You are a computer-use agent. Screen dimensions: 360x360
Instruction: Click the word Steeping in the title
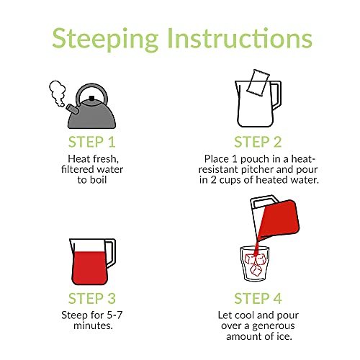point(105,39)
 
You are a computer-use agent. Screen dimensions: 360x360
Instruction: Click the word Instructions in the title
point(240,37)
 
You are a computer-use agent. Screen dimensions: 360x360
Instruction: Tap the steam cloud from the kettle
point(58,93)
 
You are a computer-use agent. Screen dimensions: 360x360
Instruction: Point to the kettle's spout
point(72,109)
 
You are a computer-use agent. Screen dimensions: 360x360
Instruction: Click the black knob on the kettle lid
point(91,98)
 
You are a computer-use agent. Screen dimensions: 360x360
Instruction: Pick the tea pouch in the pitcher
point(258,83)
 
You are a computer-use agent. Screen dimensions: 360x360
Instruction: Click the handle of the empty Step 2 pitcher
point(276,96)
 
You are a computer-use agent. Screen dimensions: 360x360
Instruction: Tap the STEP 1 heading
point(92,142)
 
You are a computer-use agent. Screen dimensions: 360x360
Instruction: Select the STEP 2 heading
point(258,142)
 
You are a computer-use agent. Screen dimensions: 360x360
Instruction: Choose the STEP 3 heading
point(92,298)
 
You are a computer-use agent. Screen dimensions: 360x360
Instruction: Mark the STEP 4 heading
point(258,298)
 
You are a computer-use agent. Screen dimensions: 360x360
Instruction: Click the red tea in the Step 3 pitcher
point(89,268)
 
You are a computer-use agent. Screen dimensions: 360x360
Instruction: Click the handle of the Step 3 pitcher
point(111,253)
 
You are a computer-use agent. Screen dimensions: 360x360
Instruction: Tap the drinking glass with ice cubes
point(255,264)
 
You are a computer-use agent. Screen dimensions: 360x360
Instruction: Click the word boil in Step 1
point(98,180)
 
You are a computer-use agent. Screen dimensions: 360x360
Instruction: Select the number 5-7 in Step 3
point(114,315)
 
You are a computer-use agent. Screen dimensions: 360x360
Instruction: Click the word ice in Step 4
point(284,336)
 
